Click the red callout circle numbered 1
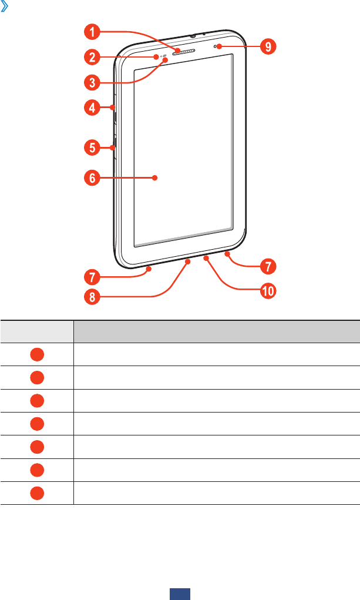coord(91,31)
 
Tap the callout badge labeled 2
coord(91,57)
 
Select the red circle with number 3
coord(91,82)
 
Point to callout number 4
coord(91,108)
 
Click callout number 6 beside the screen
coord(91,179)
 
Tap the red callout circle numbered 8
coord(91,297)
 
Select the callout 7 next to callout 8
coord(91,275)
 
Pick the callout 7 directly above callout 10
coord(267,266)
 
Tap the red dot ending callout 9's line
coord(218,46)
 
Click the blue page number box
coord(180,594)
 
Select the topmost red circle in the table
coord(36,354)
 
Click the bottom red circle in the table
coord(36,492)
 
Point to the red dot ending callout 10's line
coord(207,257)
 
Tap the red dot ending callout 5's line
coord(112,148)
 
